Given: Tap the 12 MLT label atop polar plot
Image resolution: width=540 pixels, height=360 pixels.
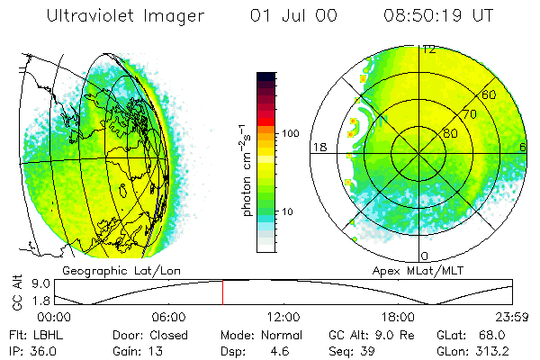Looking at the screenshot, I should tap(430, 49).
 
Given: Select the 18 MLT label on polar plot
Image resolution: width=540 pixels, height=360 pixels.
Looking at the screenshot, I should tap(319, 146).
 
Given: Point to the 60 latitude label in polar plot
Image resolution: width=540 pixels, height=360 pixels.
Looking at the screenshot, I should tap(490, 94).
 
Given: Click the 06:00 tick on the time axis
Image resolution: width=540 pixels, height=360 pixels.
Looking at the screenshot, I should tap(168, 316).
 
